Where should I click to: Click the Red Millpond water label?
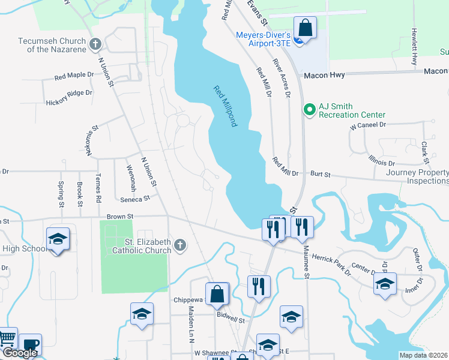(226, 106)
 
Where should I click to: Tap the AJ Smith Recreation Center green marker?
(310, 109)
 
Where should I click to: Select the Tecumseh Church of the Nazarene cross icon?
(95, 44)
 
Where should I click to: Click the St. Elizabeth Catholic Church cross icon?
(179, 244)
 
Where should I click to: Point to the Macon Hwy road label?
(324, 76)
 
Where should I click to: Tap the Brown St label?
(119, 216)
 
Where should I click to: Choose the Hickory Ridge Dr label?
(69, 94)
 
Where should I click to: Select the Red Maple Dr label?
(74, 76)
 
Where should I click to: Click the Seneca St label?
(134, 199)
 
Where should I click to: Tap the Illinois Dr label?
(382, 160)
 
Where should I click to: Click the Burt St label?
(321, 174)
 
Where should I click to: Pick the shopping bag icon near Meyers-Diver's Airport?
(305, 28)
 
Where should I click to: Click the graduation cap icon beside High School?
(58, 239)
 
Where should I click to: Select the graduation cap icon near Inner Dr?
(385, 283)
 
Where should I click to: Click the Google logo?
(20, 353)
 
